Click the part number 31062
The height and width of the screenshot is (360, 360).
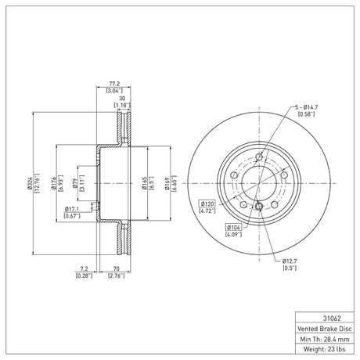(332, 319)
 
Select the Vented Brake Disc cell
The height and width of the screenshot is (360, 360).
(325, 329)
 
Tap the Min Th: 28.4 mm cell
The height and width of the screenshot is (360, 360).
(325, 339)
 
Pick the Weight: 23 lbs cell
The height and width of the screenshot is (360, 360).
(325, 349)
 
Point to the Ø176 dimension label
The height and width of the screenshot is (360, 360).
(54, 183)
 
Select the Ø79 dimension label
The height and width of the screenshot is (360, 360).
(75, 183)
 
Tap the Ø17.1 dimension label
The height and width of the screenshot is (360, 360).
(72, 209)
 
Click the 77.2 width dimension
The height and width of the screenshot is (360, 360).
(114, 84)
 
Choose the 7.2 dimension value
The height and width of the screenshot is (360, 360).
(84, 268)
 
